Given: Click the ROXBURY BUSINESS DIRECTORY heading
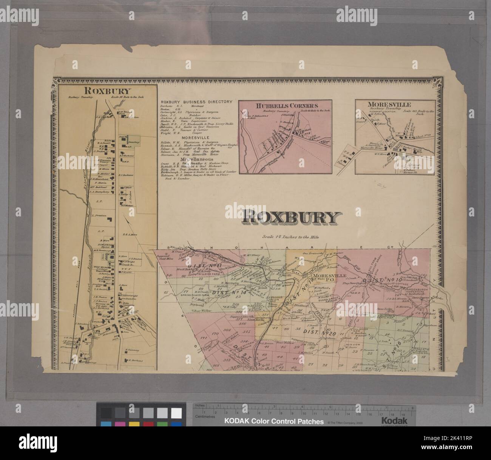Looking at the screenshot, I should [196, 102].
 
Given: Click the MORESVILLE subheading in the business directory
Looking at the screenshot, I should [197, 138].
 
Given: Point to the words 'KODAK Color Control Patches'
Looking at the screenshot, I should [274, 421].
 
